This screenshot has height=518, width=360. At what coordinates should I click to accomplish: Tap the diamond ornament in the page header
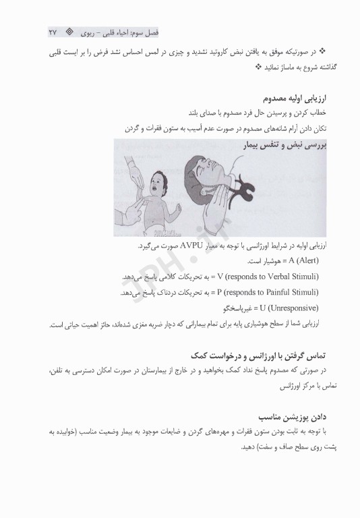[69, 33]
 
